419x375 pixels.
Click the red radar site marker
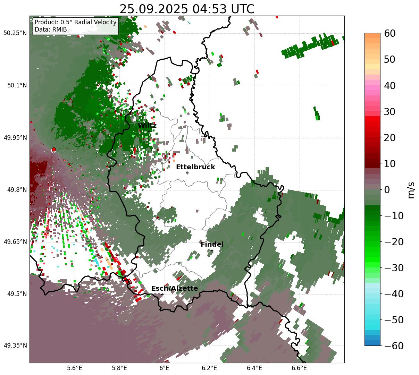[54, 150]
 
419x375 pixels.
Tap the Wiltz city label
[147, 125]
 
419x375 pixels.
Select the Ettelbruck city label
[195, 167]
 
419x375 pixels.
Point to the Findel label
[212, 245]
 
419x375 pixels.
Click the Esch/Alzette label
[175, 289]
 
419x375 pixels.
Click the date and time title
[187, 9]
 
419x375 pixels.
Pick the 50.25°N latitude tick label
[15, 33]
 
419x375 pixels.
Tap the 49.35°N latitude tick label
[15, 346]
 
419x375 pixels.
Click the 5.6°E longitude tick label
[75, 368]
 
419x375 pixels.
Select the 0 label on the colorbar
[387, 190]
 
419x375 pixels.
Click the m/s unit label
[411, 190]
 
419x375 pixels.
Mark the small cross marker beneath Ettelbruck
[187, 173]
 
